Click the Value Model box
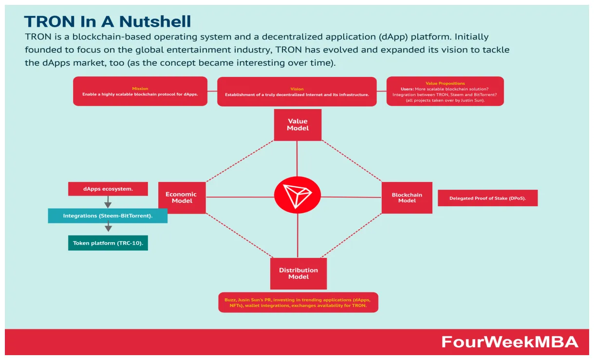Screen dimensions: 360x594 point(297,125)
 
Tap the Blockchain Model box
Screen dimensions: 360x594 point(407,198)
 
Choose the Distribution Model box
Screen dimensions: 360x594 point(298,273)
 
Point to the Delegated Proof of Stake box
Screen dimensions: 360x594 point(487,198)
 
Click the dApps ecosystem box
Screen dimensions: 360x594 point(108,189)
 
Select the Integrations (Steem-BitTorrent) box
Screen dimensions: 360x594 point(108,216)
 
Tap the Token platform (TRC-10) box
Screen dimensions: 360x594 point(108,243)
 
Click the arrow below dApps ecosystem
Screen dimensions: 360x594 point(108,202)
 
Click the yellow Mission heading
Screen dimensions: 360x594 point(140,89)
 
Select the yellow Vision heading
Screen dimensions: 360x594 point(297,89)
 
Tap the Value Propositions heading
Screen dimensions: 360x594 point(445,84)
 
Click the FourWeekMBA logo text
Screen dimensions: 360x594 point(510,342)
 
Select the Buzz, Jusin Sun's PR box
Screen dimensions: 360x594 point(298,302)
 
